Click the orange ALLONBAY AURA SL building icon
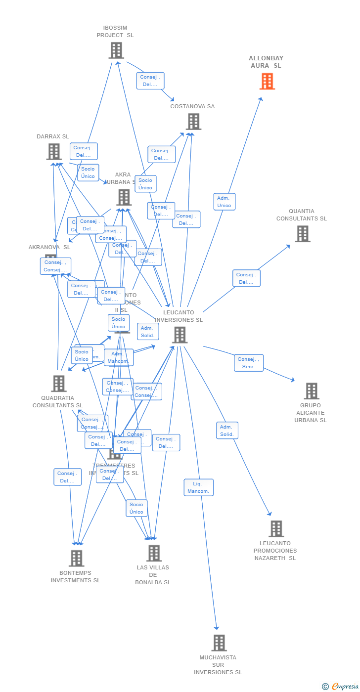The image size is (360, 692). (x=267, y=82)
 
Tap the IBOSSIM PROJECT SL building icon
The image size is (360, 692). (x=116, y=50)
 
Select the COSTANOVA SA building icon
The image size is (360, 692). (x=193, y=122)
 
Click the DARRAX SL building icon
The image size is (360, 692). (x=54, y=152)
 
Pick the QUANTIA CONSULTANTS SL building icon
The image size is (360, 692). (x=303, y=234)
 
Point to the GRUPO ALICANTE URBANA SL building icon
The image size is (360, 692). (x=311, y=391)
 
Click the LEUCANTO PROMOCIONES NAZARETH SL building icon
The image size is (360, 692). (x=276, y=529)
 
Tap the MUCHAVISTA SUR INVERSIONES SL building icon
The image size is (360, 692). (x=219, y=643)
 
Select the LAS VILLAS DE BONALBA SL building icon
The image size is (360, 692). (x=154, y=553)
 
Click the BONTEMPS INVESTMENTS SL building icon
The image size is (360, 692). (x=76, y=559)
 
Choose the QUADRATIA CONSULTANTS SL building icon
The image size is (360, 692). (x=58, y=384)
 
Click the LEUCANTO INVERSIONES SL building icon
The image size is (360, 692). (x=180, y=335)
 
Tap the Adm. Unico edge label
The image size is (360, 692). (x=224, y=202)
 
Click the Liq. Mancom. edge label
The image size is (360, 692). (x=198, y=487)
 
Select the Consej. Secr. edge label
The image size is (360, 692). (x=248, y=363)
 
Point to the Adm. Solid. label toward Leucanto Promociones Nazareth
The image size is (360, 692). (x=227, y=431)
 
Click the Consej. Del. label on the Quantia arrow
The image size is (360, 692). (x=246, y=278)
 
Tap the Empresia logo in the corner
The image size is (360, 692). (x=340, y=686)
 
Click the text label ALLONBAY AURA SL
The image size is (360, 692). (x=266, y=62)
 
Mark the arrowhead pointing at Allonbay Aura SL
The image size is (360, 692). (x=261, y=99)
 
